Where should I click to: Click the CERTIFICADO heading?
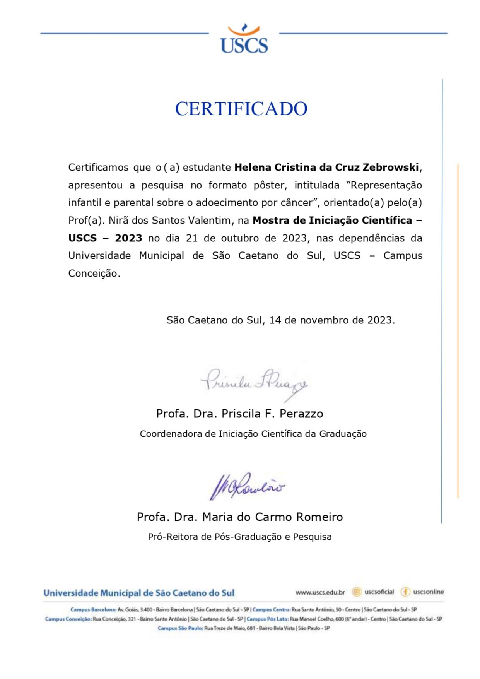(x=241, y=109)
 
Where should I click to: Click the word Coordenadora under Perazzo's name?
(x=171, y=434)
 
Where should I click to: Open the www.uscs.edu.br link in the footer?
(x=320, y=592)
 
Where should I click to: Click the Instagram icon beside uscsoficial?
(x=357, y=592)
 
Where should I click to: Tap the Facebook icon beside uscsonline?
(x=405, y=592)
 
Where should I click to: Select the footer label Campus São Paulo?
(x=180, y=628)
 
